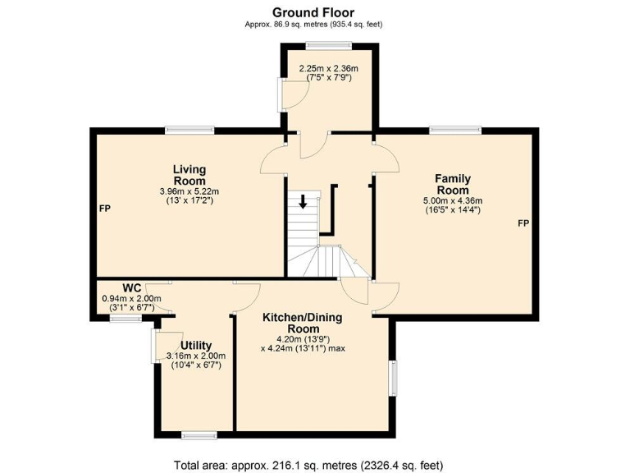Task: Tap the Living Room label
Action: tap(189, 175)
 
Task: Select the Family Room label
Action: tap(452, 184)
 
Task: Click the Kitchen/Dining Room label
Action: tap(303, 323)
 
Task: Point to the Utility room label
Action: tap(196, 345)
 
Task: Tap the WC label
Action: tap(132, 287)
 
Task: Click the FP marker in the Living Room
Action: tap(105, 209)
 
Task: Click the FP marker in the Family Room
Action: tap(523, 223)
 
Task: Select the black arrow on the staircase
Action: tap(304, 201)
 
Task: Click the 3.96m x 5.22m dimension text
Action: tap(189, 192)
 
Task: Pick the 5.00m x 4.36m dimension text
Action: tap(452, 200)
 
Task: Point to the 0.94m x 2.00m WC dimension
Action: tap(131, 299)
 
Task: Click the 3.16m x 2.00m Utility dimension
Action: tap(196, 356)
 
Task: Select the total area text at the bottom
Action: tap(314, 464)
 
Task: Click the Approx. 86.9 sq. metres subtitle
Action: tap(314, 25)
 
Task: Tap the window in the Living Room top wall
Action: tap(189, 129)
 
